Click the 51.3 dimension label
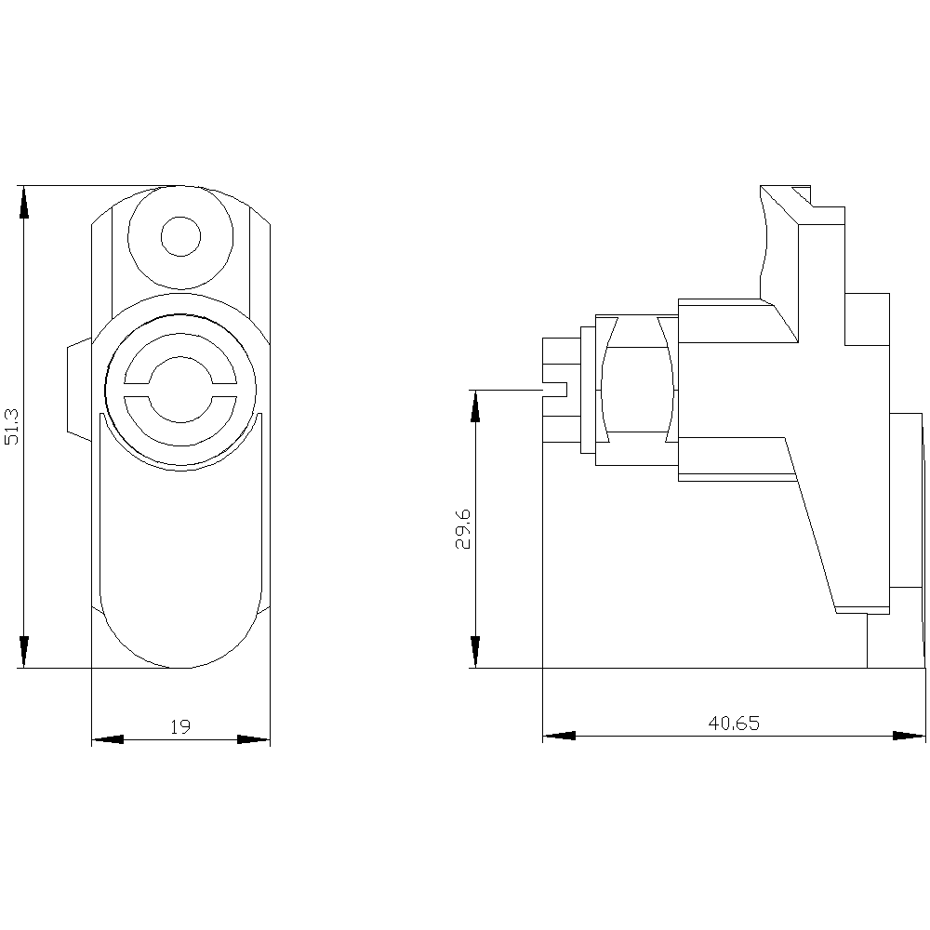point(12,425)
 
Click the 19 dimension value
point(180,726)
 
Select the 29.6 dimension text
point(463,529)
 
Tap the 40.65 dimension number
point(733,723)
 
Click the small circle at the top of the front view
point(180,236)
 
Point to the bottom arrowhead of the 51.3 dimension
point(24,652)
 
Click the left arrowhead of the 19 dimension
point(107,740)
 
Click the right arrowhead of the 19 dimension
point(254,740)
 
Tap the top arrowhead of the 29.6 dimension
point(475,405)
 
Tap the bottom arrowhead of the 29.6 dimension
point(475,652)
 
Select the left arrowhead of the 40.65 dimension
point(558,736)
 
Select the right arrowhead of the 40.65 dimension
point(910,736)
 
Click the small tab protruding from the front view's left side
point(78,388)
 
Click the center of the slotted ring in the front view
point(180,383)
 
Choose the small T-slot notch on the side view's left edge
point(556,388)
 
